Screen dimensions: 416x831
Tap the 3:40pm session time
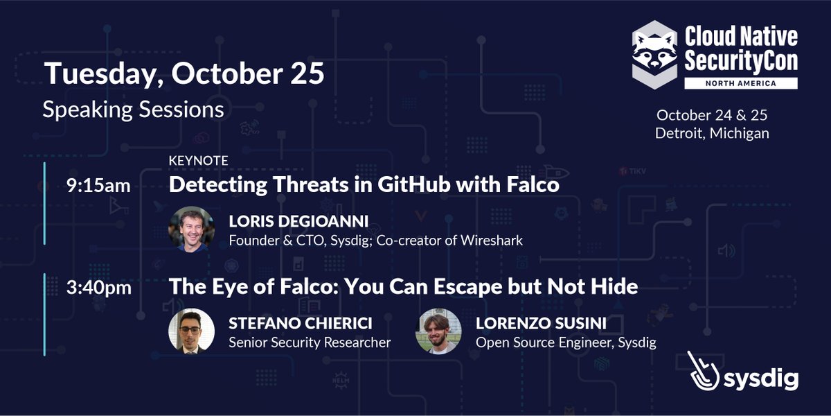pos(99,286)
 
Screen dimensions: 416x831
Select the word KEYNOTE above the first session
pos(199,161)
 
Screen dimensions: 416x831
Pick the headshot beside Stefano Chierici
pos(191,331)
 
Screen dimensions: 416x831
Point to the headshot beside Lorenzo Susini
pos(438,331)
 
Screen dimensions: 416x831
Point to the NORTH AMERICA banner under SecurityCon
pos(740,83)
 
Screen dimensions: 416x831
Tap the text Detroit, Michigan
pos(712,132)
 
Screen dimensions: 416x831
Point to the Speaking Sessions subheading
pos(133,110)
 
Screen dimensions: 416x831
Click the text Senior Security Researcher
pos(310,342)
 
